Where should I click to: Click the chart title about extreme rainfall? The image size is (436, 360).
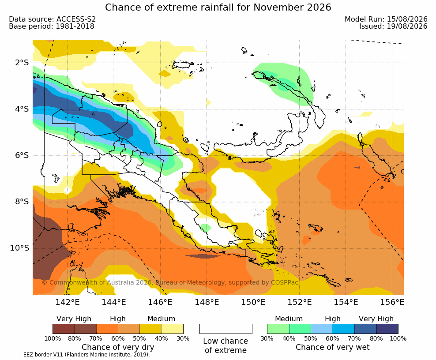218,7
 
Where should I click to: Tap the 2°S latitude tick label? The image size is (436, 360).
22,63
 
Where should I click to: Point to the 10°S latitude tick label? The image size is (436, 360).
19,247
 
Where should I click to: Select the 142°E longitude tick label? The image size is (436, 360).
68,302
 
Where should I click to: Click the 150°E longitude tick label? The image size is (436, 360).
253,302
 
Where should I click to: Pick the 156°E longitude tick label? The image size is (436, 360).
392,302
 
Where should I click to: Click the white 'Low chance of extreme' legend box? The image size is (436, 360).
226,329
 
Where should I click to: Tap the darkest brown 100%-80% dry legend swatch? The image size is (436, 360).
64,329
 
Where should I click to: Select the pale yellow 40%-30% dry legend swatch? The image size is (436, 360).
173,329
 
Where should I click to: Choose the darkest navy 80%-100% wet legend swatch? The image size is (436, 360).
387,329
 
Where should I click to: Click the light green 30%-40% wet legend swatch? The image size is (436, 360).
278,329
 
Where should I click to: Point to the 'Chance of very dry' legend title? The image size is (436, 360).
118,347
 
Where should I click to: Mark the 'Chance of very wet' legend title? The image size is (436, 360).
333,347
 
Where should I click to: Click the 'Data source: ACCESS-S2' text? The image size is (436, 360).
52,19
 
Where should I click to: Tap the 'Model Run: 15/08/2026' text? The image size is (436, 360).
386,19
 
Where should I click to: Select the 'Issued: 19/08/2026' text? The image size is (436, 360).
393,26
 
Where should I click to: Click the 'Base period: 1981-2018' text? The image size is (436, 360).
52,26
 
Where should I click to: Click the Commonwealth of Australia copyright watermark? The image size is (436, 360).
170,282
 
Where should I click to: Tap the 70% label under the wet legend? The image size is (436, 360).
354,338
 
